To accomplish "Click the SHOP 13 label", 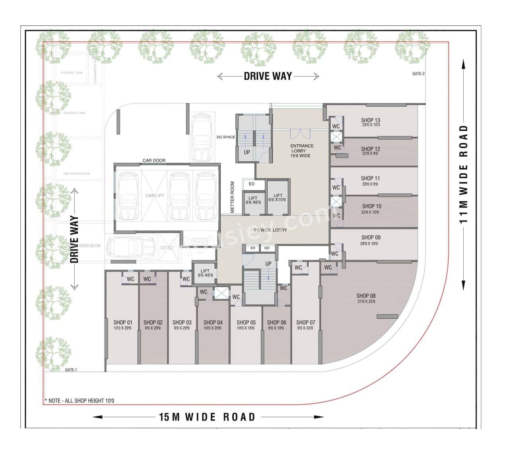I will click(370, 120).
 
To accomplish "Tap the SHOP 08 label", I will click(366, 296).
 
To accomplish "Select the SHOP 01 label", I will click(122, 322).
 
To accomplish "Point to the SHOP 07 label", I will click(305, 322).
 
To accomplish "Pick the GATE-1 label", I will click(71, 370).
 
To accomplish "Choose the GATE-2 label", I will click(418, 74).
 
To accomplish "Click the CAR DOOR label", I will click(154, 161).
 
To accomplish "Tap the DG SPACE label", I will click(225, 137).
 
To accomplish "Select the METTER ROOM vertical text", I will click(233, 197).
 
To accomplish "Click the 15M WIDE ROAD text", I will click(207, 417).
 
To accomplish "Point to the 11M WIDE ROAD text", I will click(463, 174).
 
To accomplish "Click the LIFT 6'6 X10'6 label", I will click(278, 198).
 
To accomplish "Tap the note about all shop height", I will click(79, 401).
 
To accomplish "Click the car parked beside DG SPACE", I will click(202, 138).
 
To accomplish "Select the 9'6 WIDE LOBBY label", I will click(270, 230).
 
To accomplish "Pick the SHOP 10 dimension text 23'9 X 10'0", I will click(370, 212).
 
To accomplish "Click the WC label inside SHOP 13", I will click(336, 126).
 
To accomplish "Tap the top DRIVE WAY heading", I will click(268, 76).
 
